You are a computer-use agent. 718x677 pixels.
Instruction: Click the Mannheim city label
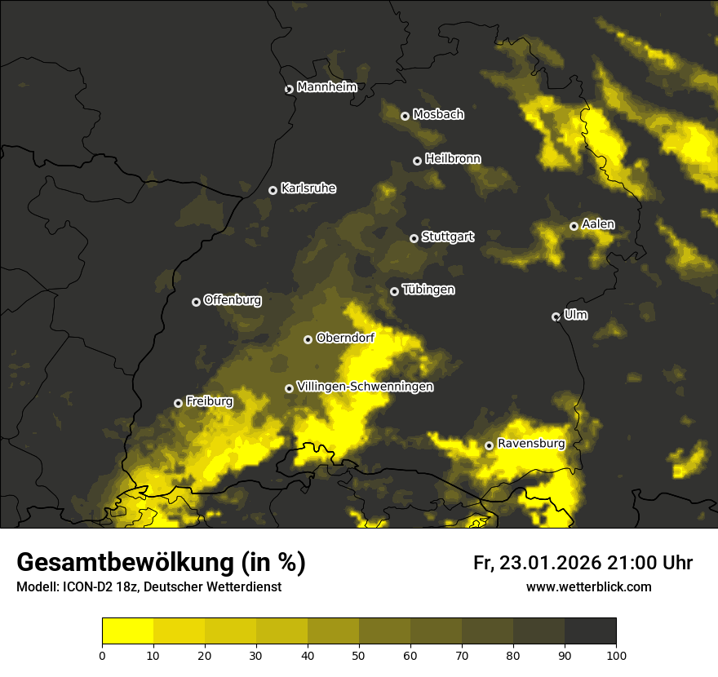pos(326,87)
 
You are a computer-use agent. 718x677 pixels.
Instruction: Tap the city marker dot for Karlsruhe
pos(273,190)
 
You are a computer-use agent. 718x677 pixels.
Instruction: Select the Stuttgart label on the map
pos(447,237)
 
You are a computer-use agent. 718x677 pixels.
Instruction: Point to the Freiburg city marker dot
pos(178,403)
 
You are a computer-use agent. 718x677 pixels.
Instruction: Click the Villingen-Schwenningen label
pos(365,387)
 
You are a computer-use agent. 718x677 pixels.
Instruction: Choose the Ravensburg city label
pos(530,444)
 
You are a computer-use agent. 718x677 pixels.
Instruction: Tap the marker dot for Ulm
pos(556,316)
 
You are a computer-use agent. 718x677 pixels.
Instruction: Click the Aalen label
pos(598,224)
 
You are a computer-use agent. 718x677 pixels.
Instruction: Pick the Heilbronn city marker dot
pos(417,161)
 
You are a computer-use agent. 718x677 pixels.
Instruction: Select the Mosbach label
pos(437,114)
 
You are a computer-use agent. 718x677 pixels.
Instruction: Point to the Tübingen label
pos(428,290)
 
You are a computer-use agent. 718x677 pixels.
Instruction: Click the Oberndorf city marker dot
pos(308,339)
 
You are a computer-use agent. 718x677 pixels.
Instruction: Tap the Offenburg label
pos(233,300)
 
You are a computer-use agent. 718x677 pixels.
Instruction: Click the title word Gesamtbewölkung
pos(126,563)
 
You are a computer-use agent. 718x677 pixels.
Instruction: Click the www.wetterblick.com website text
pos(588,586)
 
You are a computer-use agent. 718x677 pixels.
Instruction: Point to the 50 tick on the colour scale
pos(359,654)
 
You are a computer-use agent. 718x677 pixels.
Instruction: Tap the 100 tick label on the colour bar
pos(616,654)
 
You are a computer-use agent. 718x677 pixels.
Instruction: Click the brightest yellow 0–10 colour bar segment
pos(128,631)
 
